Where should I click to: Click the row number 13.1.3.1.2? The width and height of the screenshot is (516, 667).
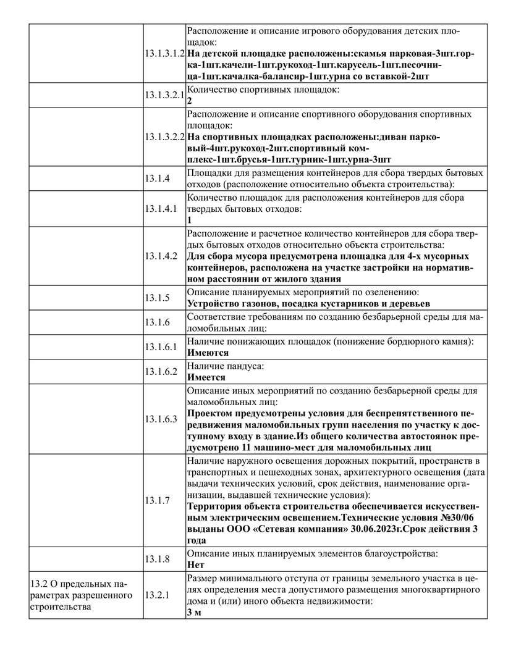(x=165, y=54)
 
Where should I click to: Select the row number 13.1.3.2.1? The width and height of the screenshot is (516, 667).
(x=165, y=96)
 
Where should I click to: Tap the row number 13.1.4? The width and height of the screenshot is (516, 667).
(x=157, y=178)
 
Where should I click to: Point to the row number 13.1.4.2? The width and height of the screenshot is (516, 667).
(x=161, y=255)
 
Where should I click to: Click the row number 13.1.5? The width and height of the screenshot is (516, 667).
(x=157, y=298)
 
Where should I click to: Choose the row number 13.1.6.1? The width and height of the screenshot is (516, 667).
(x=161, y=347)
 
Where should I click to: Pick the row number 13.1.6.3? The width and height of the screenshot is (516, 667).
(x=161, y=419)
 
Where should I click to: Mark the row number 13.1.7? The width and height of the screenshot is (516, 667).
(x=157, y=500)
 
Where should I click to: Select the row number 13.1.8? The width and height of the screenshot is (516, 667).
(x=157, y=559)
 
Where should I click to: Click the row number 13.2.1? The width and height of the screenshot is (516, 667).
(x=157, y=595)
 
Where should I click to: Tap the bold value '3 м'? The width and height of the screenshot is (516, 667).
(x=195, y=613)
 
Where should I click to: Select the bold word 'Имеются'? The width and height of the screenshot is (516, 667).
(x=208, y=353)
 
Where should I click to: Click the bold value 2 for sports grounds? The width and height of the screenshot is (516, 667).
(x=189, y=101)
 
